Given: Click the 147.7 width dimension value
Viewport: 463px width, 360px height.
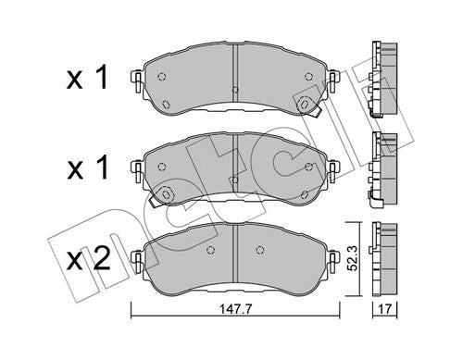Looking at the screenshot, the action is tap(235, 308).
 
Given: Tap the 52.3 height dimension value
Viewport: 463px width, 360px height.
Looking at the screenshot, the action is tap(352, 258).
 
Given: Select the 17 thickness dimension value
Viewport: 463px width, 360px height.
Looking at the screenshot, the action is tap(385, 308).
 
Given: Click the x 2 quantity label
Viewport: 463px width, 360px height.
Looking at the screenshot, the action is tap(89, 259).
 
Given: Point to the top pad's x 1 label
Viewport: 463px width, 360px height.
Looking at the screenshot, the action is tap(87, 77).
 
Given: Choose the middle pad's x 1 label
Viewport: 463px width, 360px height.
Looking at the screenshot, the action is tap(88, 167).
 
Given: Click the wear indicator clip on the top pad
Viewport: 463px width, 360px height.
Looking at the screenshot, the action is tap(309, 106).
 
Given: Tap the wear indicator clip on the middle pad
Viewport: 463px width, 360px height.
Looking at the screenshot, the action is tap(161, 196).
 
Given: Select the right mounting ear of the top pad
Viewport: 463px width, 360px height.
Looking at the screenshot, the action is tap(333, 81).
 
